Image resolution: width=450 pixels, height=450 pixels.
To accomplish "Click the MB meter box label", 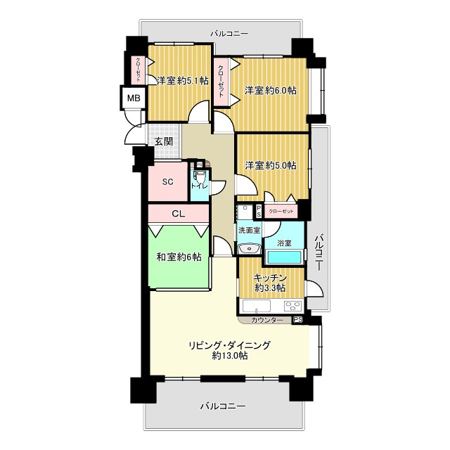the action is click(134, 98).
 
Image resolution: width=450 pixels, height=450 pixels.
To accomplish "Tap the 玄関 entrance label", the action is click(164, 141).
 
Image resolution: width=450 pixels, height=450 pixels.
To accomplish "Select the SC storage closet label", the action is click(168, 181).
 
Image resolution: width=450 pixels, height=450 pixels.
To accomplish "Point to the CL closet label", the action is click(178, 214).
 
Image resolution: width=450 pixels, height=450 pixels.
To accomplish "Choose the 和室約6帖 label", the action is click(179, 257).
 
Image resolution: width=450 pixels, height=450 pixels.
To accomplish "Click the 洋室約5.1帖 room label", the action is click(183, 81).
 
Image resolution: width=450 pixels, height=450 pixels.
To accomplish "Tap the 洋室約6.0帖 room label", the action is click(271, 91).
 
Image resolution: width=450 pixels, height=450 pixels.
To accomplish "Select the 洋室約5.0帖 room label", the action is click(271, 165).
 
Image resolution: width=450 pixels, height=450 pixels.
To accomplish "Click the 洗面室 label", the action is click(249, 230).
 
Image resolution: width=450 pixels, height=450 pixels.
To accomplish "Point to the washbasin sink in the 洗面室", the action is click(249, 248).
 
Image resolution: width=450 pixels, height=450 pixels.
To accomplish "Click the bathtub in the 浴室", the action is click(284, 257).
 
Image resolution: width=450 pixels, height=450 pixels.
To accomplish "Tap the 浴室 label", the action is click(284, 243).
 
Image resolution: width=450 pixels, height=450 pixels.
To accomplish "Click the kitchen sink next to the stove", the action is click(257, 306).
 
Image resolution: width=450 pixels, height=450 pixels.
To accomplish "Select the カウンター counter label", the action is click(267, 320).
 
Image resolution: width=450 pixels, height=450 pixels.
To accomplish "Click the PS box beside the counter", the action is click(297, 320).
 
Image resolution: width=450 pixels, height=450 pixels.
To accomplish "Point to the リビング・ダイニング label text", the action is click(230, 345).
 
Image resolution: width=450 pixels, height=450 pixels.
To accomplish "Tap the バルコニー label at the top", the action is click(229, 34).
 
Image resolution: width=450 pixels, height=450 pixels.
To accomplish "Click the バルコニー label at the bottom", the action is click(223, 406).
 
